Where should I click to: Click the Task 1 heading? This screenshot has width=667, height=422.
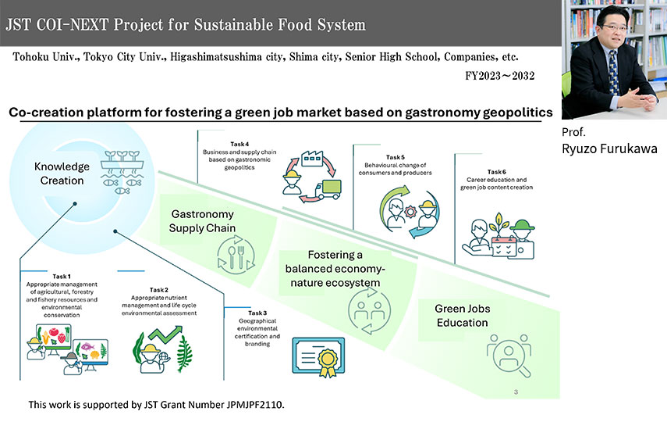coord(62,277)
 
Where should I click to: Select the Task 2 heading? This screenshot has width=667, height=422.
coord(158,290)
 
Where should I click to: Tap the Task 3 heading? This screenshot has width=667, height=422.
coord(257,313)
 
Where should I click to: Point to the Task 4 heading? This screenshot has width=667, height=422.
coord(239,144)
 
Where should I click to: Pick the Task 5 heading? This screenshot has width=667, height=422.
coord(396,157)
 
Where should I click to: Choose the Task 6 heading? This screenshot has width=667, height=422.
coord(496,172)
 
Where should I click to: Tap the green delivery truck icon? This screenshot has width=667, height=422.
coord(328,190)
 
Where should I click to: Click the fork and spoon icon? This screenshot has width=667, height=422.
coord(236,255)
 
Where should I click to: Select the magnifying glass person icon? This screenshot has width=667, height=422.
coord(509,356)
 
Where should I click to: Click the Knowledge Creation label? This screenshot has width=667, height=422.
coord(62,173)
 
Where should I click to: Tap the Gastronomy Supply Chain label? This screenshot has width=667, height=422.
coord(202,221)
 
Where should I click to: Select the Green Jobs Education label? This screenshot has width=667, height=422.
coord(463,316)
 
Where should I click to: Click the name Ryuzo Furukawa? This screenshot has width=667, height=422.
coord(609,148)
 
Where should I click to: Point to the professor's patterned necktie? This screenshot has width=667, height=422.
coord(613,73)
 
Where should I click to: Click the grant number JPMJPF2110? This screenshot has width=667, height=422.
coord(255,405)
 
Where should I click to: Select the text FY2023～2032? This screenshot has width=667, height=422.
coord(500,76)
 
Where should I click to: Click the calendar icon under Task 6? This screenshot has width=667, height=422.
coord(504,246)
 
